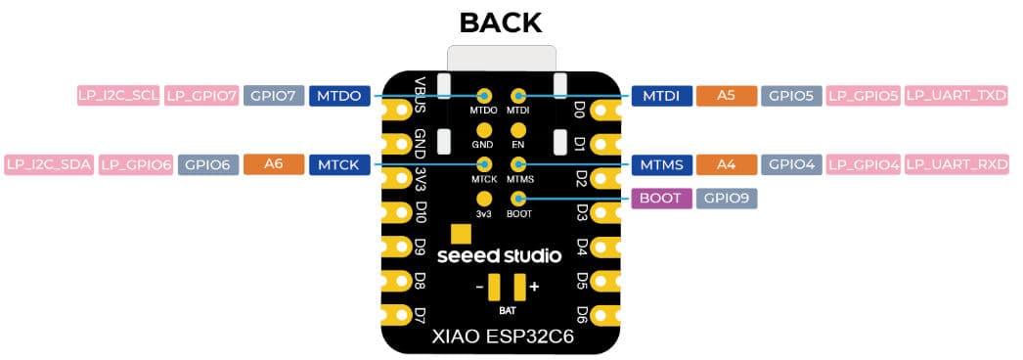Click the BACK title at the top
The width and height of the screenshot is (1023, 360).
[x=500, y=22]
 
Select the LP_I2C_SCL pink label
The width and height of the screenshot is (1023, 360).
[x=118, y=96]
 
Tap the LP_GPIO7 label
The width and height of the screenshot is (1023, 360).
[x=201, y=96]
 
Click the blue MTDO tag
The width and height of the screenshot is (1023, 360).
[x=339, y=96]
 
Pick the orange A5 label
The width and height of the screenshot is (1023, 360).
[x=726, y=96]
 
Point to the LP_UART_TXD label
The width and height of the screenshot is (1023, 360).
[x=956, y=96]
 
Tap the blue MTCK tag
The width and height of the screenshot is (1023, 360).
[x=339, y=164]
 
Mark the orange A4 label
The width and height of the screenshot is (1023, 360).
[x=726, y=164]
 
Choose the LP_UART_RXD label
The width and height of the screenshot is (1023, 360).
[x=956, y=164]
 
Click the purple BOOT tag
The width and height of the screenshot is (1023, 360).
[x=661, y=199]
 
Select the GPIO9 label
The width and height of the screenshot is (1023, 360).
[x=726, y=199]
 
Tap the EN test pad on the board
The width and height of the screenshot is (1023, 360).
[x=518, y=130]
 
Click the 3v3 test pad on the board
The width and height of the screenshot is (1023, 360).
[x=484, y=199]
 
